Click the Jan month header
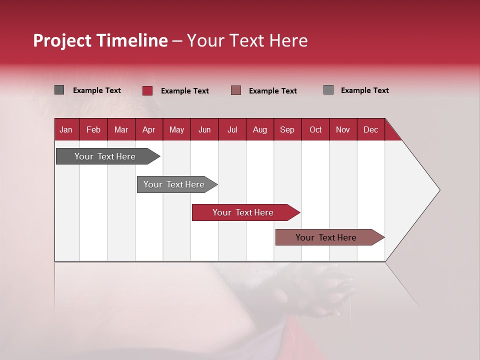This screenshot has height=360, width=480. tap(66, 129)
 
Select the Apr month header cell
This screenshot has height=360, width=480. tap(149, 129)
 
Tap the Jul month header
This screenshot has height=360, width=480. tap(232, 129)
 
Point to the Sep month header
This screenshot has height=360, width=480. tap(287, 129)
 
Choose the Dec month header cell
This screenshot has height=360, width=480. tap(370, 129)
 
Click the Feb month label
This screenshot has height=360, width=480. tap(93, 129)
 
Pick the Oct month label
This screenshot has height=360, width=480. tap(315, 129)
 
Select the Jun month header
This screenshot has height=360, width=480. tap(204, 129)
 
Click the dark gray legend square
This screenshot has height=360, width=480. tap(59, 90)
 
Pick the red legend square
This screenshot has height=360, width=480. tap(147, 90)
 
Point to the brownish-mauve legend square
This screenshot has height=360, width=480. tap(236, 90)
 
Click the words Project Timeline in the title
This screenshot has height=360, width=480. tap(100, 40)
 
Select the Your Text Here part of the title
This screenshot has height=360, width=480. tap(247, 40)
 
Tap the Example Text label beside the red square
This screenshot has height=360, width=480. tap(184, 91)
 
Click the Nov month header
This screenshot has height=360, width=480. tap(343, 129)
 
